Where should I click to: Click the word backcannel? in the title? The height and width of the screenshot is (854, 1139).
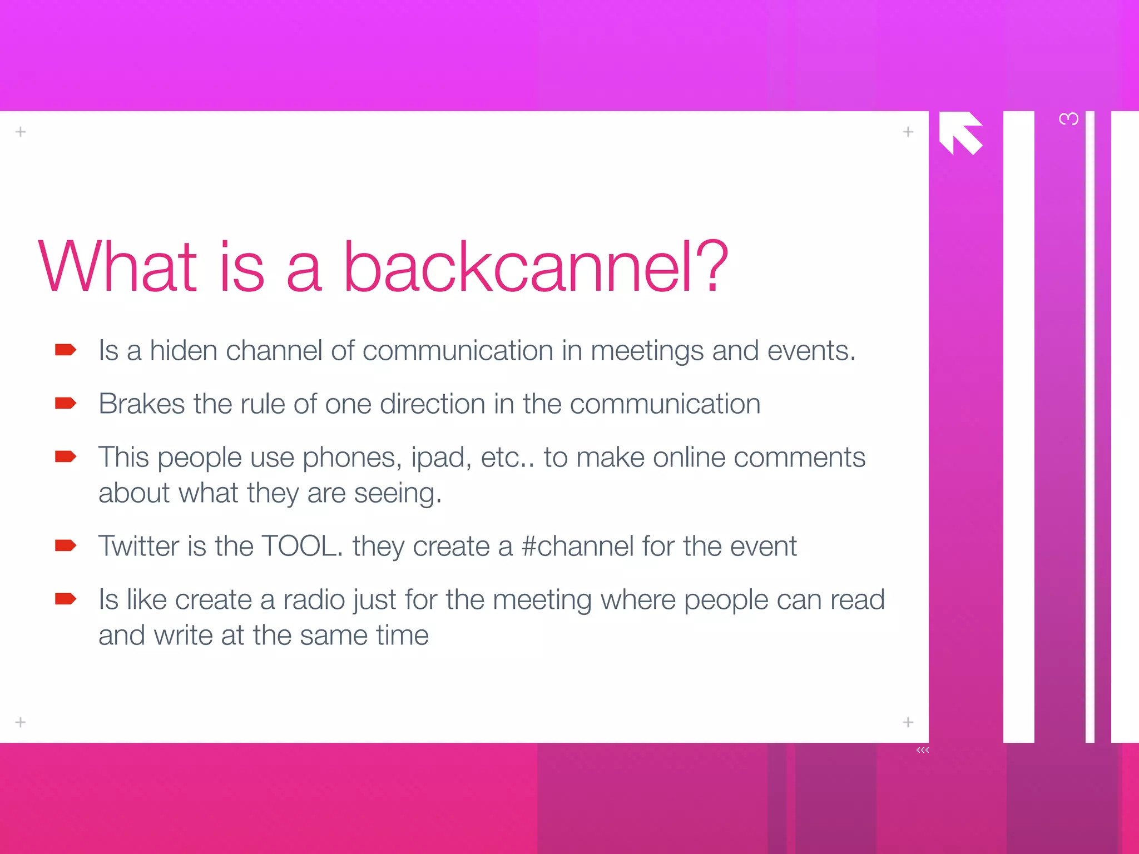click(x=535, y=267)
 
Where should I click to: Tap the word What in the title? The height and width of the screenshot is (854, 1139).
click(x=117, y=267)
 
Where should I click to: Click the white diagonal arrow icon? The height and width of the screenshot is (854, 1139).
click(x=960, y=132)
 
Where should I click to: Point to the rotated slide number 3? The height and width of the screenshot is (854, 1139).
click(x=1068, y=119)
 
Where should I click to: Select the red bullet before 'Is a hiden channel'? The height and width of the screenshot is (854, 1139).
click(x=65, y=350)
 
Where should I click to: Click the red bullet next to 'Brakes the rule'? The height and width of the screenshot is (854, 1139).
click(x=65, y=403)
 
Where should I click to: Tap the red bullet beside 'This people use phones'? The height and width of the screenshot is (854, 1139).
click(x=65, y=456)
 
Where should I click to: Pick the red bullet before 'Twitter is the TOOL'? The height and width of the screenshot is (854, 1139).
click(x=65, y=545)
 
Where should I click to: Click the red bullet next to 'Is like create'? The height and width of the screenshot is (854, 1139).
click(x=65, y=599)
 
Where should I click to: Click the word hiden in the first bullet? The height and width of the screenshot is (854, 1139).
click(x=183, y=351)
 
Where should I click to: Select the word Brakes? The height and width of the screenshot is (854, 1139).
click(x=141, y=404)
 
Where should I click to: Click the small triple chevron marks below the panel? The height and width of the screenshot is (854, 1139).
click(x=923, y=750)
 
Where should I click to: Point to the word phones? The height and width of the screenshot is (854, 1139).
click(x=352, y=459)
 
